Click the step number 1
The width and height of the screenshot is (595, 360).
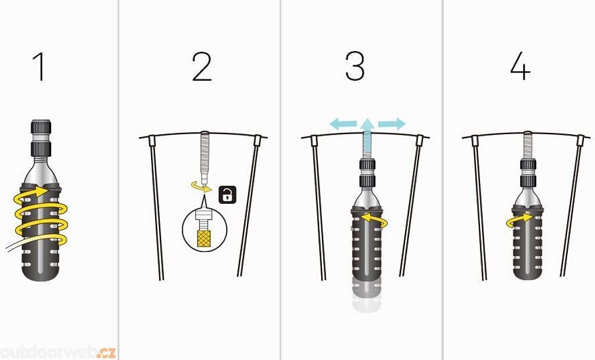[39, 67]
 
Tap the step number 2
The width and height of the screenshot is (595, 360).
[202, 67]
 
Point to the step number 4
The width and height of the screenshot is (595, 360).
[520, 67]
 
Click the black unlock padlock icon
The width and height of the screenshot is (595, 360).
[227, 195]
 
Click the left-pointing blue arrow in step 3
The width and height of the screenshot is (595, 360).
[343, 124]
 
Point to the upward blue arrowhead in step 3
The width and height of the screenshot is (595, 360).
[367, 124]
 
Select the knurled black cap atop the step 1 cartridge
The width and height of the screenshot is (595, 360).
[41, 127]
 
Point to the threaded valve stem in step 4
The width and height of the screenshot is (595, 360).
[528, 145]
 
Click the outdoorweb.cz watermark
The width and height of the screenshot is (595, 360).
[58, 352]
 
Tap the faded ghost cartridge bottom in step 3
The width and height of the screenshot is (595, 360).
[367, 296]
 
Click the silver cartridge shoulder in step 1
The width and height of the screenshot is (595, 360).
[41, 171]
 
